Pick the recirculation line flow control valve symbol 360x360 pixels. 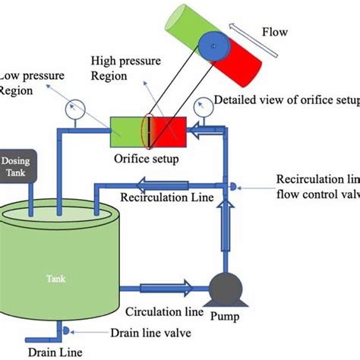coord(229,185)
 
